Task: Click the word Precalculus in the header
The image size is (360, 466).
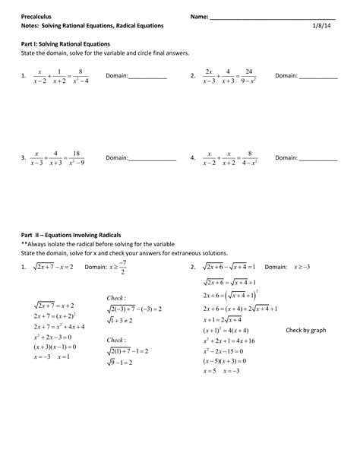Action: click(38, 16)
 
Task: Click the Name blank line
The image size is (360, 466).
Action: click(273, 17)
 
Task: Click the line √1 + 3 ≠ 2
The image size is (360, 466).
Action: click(125, 322)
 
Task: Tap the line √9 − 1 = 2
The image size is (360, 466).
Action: click(125, 363)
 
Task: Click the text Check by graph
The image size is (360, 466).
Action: click(305, 331)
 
